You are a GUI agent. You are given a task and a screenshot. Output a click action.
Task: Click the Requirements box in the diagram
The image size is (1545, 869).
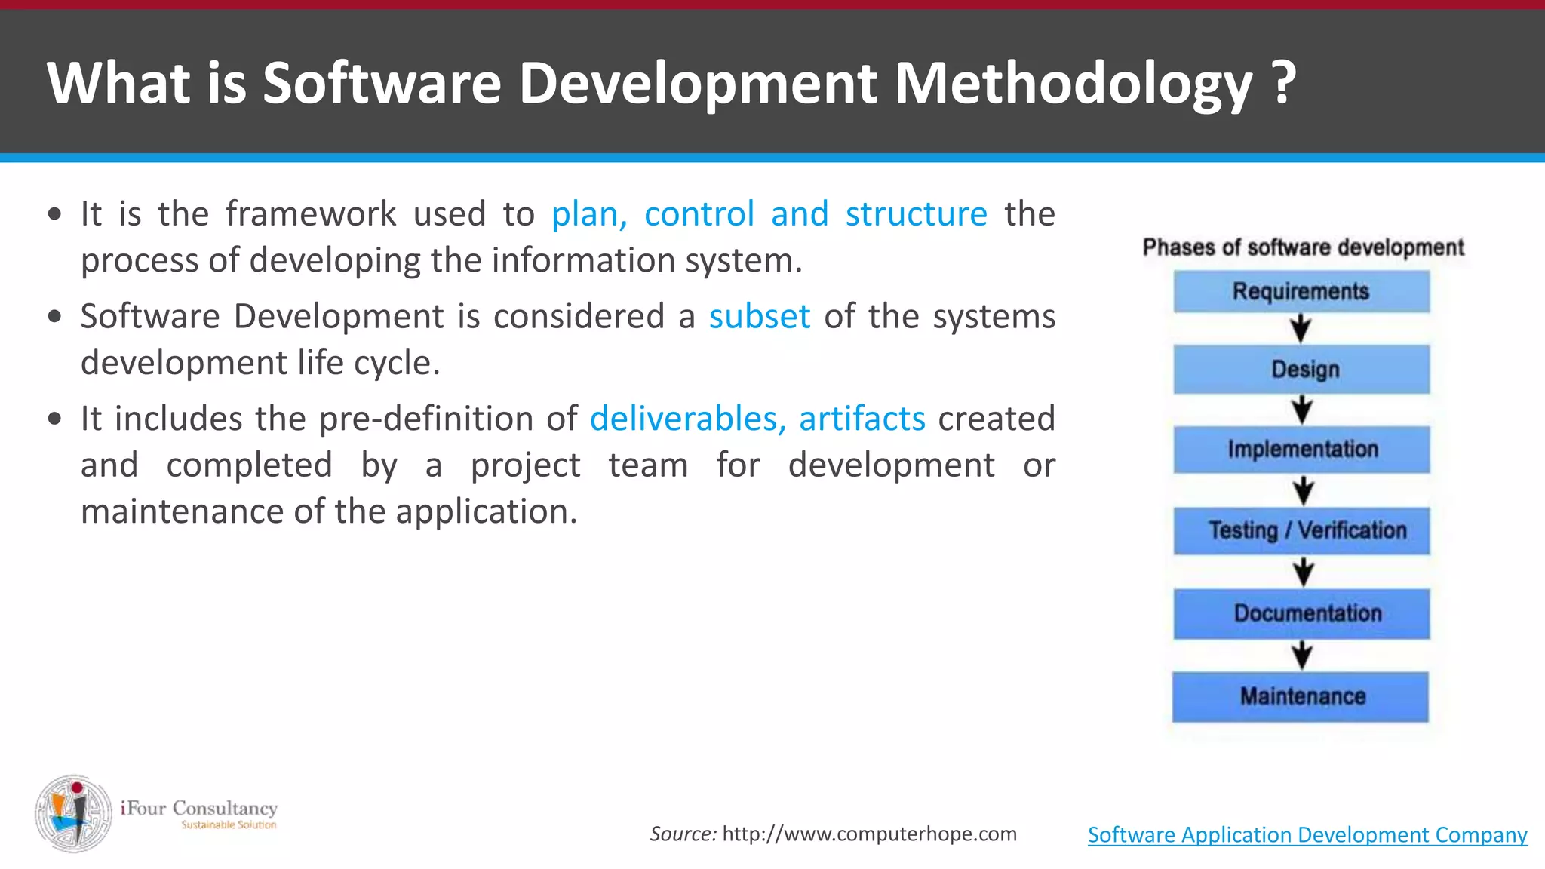[x=1301, y=292]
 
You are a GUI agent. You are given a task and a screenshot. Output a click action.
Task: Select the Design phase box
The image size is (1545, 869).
[x=1301, y=370]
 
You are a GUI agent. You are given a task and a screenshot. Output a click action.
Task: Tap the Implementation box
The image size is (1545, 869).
[x=1301, y=450]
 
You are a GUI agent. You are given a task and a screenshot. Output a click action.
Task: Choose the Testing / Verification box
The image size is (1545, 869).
[x=1301, y=530]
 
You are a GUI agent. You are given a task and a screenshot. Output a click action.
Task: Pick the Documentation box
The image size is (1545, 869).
[x=1301, y=613]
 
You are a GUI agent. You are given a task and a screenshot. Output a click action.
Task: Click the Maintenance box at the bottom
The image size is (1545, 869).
[x=1301, y=696]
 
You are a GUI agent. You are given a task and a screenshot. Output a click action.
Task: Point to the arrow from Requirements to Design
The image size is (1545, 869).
[x=1301, y=329]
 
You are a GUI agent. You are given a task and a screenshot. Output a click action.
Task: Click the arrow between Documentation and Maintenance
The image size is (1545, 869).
[x=1302, y=655]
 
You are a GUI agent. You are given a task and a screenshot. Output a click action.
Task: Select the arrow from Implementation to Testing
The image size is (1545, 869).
[x=1303, y=490]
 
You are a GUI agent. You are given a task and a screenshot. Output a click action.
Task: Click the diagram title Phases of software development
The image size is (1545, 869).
[x=1303, y=247]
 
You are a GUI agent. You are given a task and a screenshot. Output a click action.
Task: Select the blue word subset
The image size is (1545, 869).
[x=759, y=316]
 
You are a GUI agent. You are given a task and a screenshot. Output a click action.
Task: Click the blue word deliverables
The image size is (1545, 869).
[x=683, y=419]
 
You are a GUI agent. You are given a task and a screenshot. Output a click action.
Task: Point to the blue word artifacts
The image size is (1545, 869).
[x=862, y=419]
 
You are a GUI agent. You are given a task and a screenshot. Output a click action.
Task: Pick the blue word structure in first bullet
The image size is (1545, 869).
[x=916, y=214]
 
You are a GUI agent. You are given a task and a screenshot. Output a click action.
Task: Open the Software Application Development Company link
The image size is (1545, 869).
[x=1307, y=834]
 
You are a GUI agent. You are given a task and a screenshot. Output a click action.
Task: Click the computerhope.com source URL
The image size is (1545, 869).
[x=869, y=834]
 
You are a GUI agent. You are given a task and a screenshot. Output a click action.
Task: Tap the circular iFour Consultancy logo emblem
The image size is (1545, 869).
[x=73, y=813]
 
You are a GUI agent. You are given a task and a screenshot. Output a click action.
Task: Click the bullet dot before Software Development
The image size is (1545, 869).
[x=54, y=317]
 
